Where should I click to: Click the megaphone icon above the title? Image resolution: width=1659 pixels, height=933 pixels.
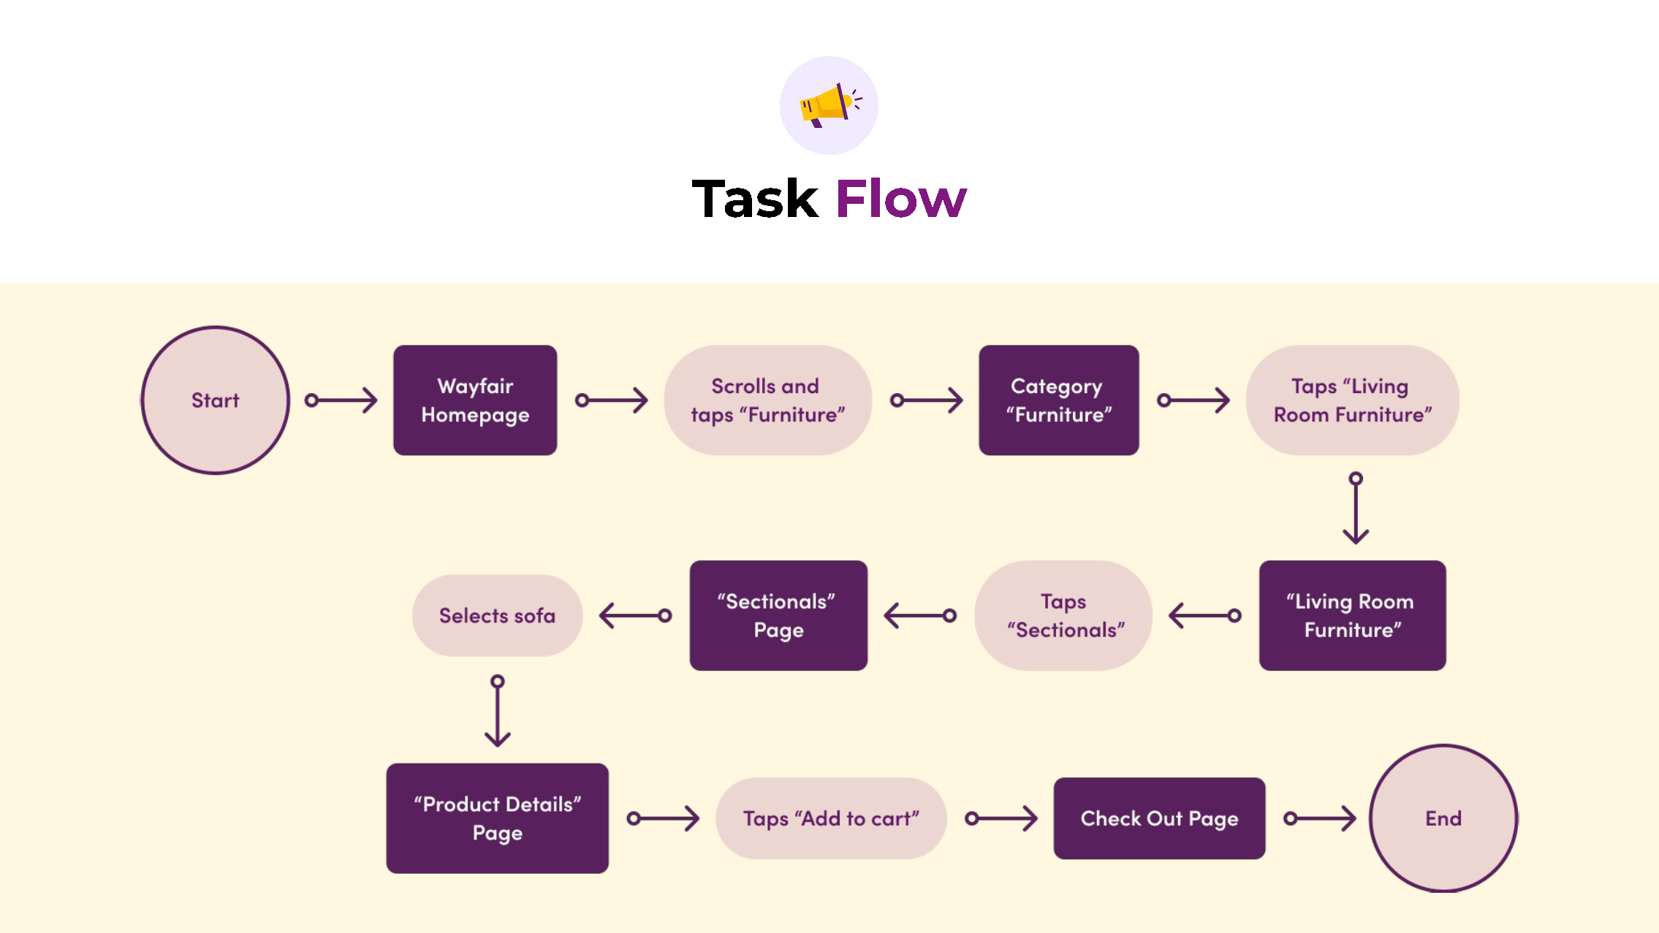[829, 105]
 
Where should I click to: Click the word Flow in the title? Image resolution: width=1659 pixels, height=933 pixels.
[901, 198]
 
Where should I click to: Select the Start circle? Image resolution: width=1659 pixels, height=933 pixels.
[215, 400]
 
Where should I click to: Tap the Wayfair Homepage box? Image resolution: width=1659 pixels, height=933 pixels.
[475, 400]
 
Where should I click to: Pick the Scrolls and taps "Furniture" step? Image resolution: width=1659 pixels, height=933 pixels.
[768, 400]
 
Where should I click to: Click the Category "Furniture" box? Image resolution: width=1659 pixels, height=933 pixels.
[1059, 400]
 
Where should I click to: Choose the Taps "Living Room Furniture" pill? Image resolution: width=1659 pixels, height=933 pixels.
[1353, 400]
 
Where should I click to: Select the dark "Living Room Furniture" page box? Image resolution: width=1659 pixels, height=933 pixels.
[1353, 615]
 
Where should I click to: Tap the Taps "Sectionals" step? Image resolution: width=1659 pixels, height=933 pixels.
[1064, 615]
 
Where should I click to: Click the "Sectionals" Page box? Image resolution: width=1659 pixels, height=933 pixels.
[779, 615]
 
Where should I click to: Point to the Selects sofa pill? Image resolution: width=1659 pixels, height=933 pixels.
[498, 615]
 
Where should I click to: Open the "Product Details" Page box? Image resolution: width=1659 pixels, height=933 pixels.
[498, 818]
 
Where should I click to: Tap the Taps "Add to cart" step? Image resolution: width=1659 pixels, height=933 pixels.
[831, 818]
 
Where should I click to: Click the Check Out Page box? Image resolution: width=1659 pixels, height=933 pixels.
[1160, 818]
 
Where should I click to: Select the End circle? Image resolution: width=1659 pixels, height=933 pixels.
[1443, 818]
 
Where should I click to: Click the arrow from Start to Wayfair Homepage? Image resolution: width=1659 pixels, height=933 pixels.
[341, 400]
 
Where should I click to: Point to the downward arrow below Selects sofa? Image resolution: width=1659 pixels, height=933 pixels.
[498, 711]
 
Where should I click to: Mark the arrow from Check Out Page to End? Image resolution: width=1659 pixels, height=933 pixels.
[1320, 818]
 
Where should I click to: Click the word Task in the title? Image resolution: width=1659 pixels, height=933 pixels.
[755, 198]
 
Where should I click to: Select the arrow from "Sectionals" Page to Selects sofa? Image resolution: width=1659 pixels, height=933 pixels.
[635, 615]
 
